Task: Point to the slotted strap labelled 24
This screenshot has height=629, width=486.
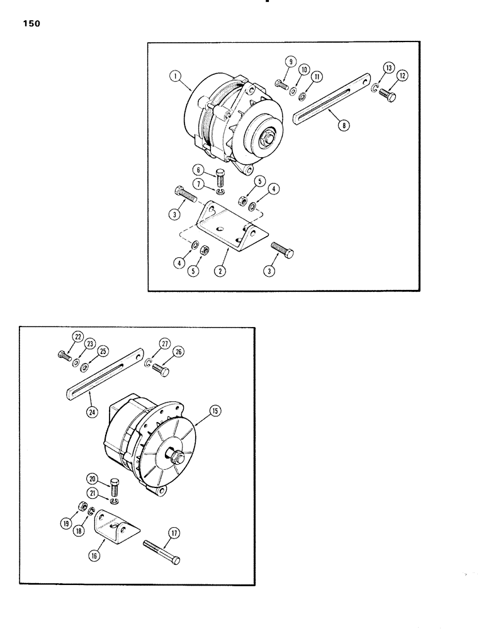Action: coord(107,376)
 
